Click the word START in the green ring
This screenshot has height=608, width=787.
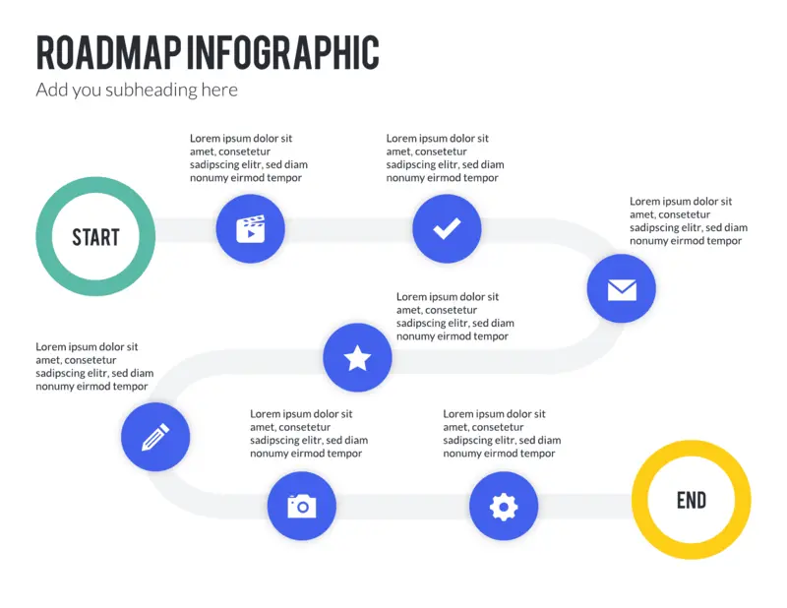click(x=95, y=237)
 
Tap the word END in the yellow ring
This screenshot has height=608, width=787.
click(x=692, y=500)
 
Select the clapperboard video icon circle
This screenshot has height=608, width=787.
click(x=251, y=229)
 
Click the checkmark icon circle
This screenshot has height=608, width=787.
click(x=447, y=229)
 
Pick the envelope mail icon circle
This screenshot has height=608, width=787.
click(x=622, y=288)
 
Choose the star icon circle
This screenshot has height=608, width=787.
click(x=357, y=357)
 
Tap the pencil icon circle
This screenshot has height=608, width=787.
click(x=155, y=437)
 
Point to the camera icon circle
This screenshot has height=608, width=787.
click(x=302, y=506)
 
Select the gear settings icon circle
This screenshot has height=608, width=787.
click(x=504, y=506)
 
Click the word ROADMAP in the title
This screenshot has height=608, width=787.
click(x=108, y=52)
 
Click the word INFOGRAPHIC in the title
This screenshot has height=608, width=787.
click(x=283, y=52)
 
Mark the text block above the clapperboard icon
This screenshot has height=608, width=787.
click(x=249, y=157)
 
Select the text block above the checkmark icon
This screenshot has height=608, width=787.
click(x=445, y=157)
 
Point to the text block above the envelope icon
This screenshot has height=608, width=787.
click(x=689, y=221)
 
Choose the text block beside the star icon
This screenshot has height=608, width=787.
click(x=455, y=317)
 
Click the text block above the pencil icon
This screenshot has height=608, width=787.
click(x=94, y=367)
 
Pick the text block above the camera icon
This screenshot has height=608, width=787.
click(x=309, y=433)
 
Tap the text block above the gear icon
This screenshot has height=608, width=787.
click(x=502, y=433)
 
